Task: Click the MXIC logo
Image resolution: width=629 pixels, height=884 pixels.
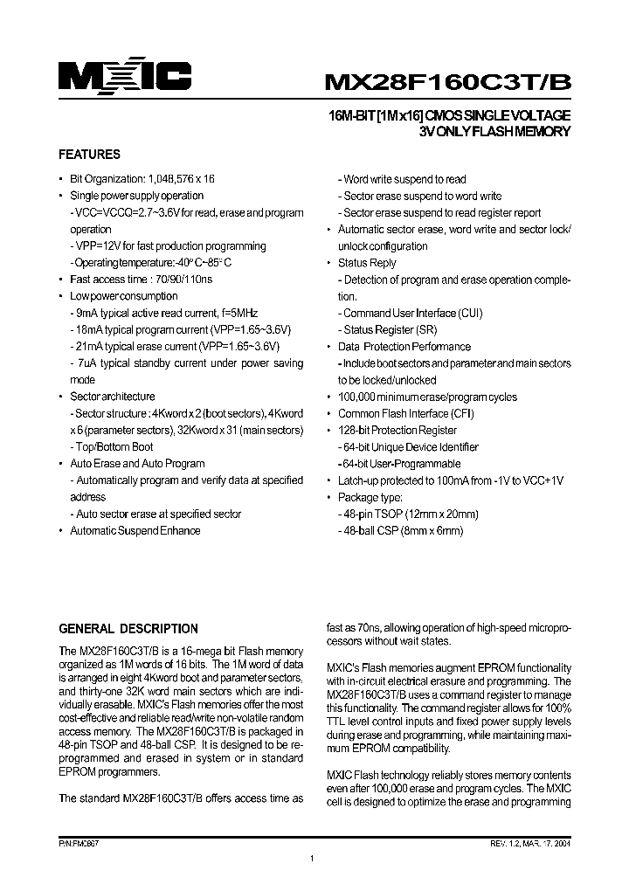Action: point(125,77)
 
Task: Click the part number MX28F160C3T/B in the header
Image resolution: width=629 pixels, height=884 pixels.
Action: point(447,81)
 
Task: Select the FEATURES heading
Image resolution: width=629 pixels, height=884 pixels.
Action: point(89,155)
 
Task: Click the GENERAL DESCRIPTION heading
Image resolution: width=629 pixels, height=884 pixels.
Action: point(128,629)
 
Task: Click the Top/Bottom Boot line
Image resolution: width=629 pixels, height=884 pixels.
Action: point(114,447)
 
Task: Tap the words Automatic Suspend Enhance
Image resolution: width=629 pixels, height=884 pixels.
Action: point(135,531)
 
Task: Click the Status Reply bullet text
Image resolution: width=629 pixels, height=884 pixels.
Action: point(367,263)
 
